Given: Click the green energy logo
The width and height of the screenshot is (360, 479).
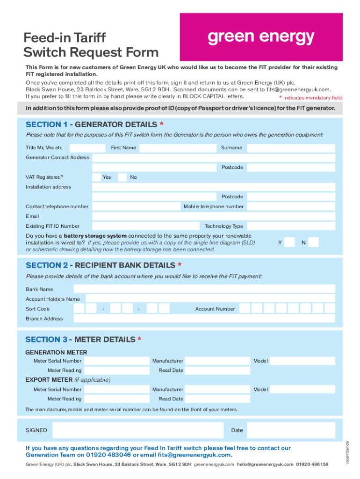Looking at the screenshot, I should point(261,37).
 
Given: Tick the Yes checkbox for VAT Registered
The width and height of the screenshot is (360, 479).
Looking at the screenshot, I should point(96,177).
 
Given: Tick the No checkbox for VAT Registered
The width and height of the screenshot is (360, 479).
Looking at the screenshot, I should point(122,177).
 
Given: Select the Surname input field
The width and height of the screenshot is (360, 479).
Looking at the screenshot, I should point(291,148).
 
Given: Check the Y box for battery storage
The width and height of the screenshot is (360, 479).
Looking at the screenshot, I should point(290,242).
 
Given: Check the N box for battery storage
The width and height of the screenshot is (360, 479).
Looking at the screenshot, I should point(313,242).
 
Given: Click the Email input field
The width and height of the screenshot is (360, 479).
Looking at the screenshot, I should point(214,217).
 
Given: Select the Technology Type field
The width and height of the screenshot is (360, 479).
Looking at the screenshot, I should point(291,226).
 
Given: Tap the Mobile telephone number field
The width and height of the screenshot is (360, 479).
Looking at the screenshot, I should point(291,206).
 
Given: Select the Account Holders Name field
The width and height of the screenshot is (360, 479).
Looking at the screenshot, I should point(210,299).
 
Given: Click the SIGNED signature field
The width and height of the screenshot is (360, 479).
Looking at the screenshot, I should point(139,430).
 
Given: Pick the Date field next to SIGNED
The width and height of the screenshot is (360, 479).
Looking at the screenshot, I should point(291,430).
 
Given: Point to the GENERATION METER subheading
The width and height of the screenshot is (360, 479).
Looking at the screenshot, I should point(56,352).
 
